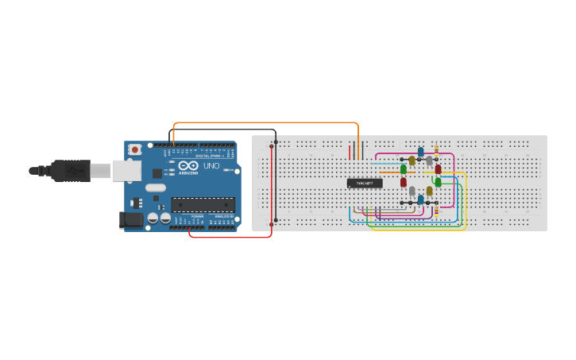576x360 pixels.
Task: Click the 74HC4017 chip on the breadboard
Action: pyautogui.click(x=365, y=184)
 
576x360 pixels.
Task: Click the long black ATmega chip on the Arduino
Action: pyautogui.click(x=203, y=204)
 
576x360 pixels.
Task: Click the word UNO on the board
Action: pyautogui.click(x=211, y=166)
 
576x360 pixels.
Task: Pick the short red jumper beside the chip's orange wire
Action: pyautogui.click(x=349, y=151)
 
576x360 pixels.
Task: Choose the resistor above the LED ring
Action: pyautogui.click(x=436, y=150)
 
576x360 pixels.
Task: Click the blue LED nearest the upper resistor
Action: pyautogui.click(x=420, y=152)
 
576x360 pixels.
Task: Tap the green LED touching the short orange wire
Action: pyautogui.click(x=404, y=169)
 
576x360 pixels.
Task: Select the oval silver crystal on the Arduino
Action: pyautogui.click(x=155, y=188)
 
